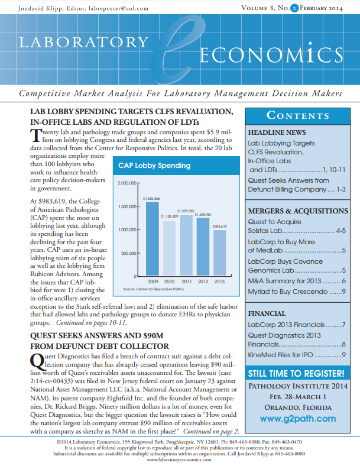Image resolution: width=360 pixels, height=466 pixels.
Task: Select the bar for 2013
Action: click(x=219, y=253)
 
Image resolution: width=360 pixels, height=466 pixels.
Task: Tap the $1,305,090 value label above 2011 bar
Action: click(x=186, y=211)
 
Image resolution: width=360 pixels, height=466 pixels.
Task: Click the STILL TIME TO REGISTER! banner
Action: click(x=296, y=374)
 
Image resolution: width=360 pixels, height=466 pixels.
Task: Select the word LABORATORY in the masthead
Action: click(x=85, y=43)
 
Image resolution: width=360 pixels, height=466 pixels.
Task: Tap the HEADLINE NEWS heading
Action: click(x=277, y=132)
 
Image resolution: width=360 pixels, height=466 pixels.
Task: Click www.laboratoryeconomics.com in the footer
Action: click(x=180, y=459)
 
